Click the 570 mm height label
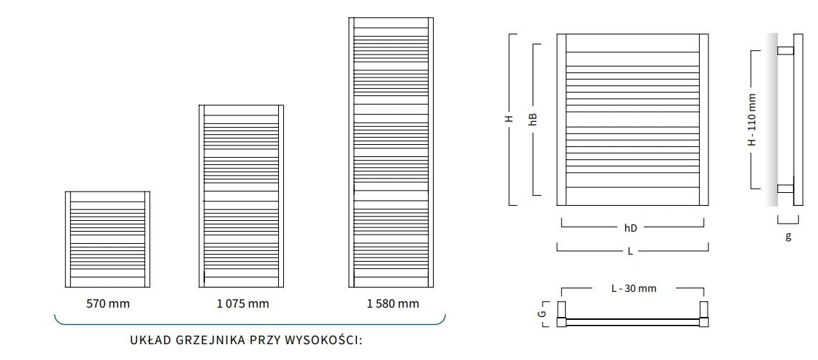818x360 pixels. click(108, 303)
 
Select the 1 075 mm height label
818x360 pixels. click(242, 303)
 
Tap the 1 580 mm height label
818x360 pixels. click(392, 303)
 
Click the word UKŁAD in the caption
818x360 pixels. click(149, 339)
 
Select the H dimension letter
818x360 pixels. click(508, 119)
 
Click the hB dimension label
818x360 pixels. click(533, 119)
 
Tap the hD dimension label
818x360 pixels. click(630, 228)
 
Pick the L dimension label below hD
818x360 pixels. click(630, 251)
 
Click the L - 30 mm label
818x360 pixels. click(633, 288)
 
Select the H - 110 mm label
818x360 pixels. click(752, 119)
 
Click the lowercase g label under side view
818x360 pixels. click(788, 236)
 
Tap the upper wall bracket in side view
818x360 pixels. click(786, 51)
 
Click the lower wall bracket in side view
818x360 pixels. click(786, 189)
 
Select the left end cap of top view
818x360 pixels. click(563, 313)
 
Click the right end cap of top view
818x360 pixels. click(703, 313)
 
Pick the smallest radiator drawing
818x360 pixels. click(108, 239)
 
